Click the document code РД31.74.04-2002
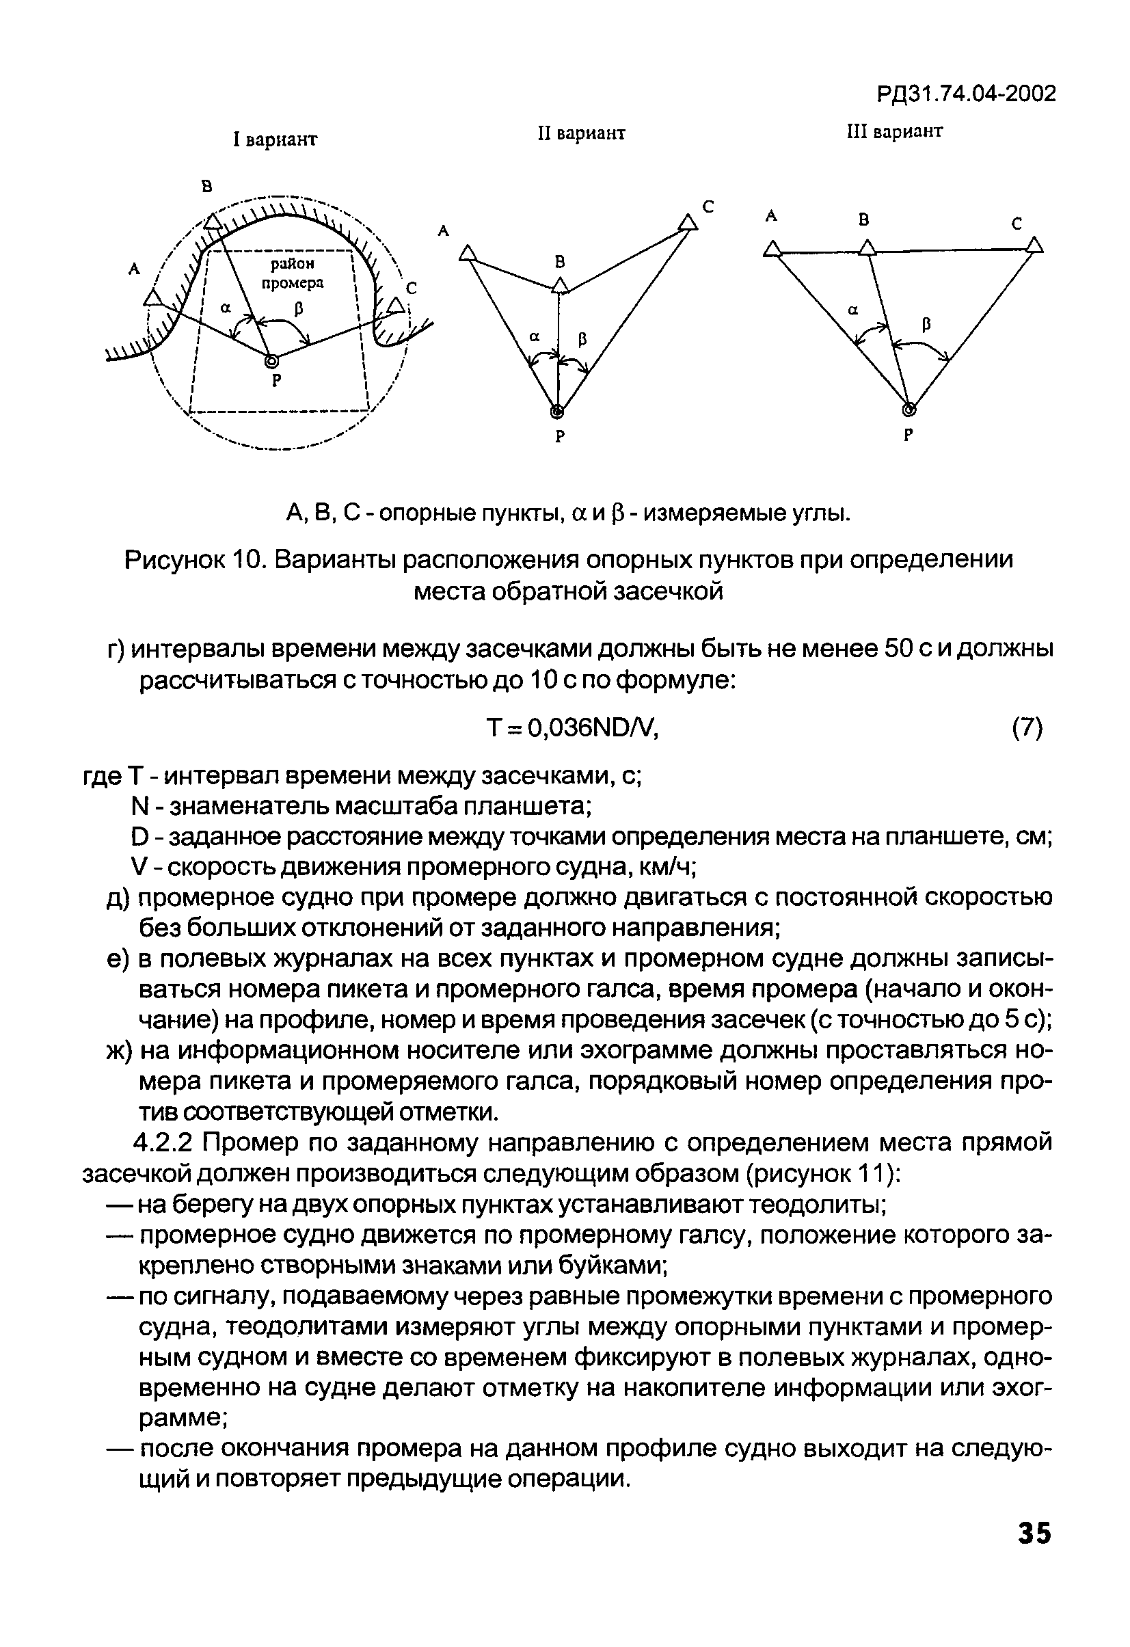966,94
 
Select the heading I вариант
275,139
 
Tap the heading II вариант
581,133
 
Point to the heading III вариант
895,131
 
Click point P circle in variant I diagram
271,362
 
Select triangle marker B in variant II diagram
561,286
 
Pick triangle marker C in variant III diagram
1035,246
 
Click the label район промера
292,273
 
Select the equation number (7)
1027,727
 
